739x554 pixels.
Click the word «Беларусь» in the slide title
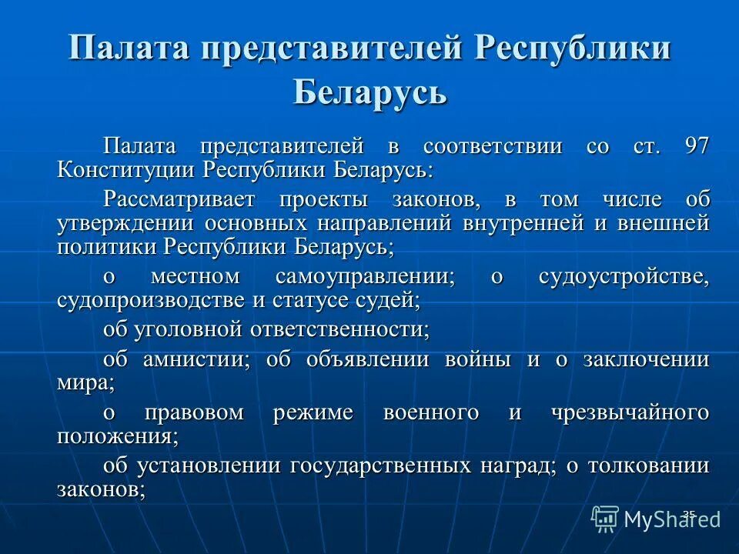point(369,92)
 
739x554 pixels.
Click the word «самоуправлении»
point(365,277)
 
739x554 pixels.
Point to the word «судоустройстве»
point(624,277)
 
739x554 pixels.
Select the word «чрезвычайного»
point(630,412)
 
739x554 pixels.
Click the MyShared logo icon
point(605,519)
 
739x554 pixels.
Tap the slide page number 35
point(688,513)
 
